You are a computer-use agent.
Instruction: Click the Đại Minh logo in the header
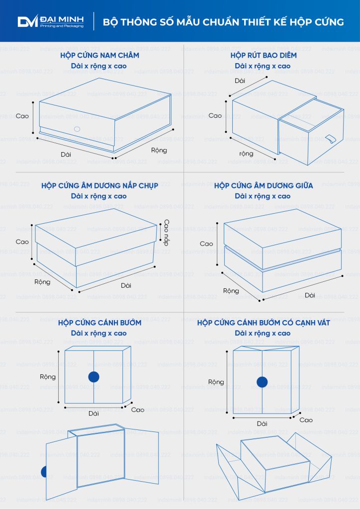point(51,21)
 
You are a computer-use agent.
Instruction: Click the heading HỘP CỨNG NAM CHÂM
point(99,55)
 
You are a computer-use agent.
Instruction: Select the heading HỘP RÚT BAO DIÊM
point(263,55)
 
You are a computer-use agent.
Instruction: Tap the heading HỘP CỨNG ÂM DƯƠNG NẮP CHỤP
point(99,186)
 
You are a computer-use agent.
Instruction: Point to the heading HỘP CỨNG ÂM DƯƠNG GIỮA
point(263,186)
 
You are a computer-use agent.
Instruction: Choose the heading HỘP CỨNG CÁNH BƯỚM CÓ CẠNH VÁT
point(263,323)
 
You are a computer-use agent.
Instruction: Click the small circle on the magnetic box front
point(77,129)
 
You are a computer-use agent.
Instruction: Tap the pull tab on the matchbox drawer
point(331,139)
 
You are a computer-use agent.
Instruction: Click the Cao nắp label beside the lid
point(166,233)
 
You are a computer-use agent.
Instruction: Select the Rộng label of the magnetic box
point(159,150)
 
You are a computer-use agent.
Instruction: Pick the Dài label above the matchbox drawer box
point(240,81)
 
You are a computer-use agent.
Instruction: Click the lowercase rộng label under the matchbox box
point(247,154)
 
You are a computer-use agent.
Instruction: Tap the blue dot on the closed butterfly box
point(94,377)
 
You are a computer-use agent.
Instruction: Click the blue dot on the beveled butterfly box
point(262,382)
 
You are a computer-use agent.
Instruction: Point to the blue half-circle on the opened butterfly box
point(43,472)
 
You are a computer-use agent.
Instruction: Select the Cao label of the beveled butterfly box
point(306,420)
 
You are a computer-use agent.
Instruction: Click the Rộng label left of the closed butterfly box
point(48,377)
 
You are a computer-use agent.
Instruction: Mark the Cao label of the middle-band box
point(206,244)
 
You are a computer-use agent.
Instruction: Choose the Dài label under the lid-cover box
point(126,285)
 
